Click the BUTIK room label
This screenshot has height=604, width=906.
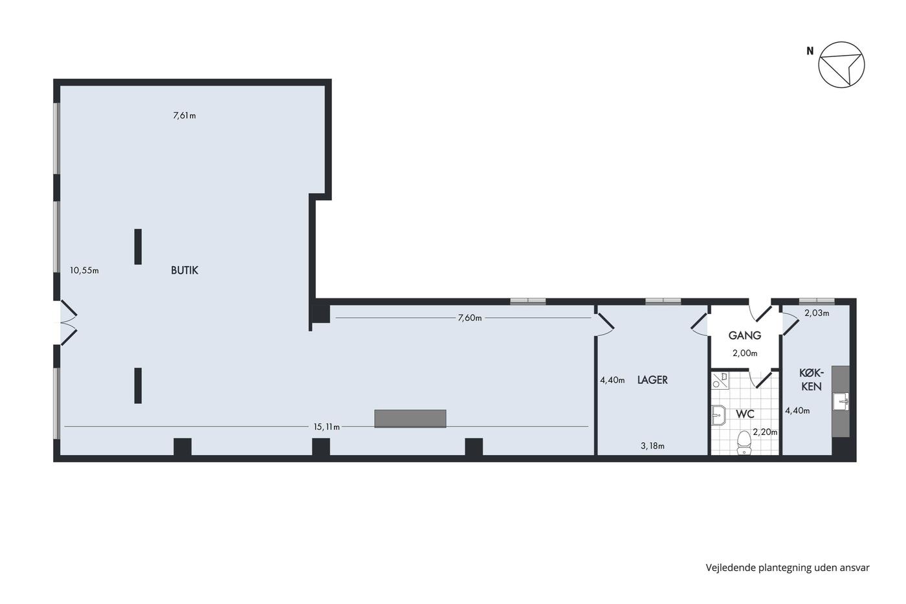184,270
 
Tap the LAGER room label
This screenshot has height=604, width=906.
652,380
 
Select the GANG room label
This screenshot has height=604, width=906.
745,335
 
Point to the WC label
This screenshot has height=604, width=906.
745,414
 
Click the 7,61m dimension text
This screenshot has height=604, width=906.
184,116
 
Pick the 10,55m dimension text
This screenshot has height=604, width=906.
84,270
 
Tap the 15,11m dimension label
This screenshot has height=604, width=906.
326,427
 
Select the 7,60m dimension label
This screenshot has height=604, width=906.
470,318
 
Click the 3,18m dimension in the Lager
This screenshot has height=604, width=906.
652,446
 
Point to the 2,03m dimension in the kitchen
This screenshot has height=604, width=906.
817,313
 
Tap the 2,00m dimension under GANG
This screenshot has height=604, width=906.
745,353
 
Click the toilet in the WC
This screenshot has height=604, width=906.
744,442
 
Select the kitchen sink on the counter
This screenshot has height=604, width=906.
841,402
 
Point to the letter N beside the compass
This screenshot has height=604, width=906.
810,51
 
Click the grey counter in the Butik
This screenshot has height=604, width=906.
410,419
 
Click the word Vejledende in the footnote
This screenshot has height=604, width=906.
730,568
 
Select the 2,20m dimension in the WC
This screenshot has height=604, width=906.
765,432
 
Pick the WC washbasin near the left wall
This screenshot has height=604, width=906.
719,415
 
